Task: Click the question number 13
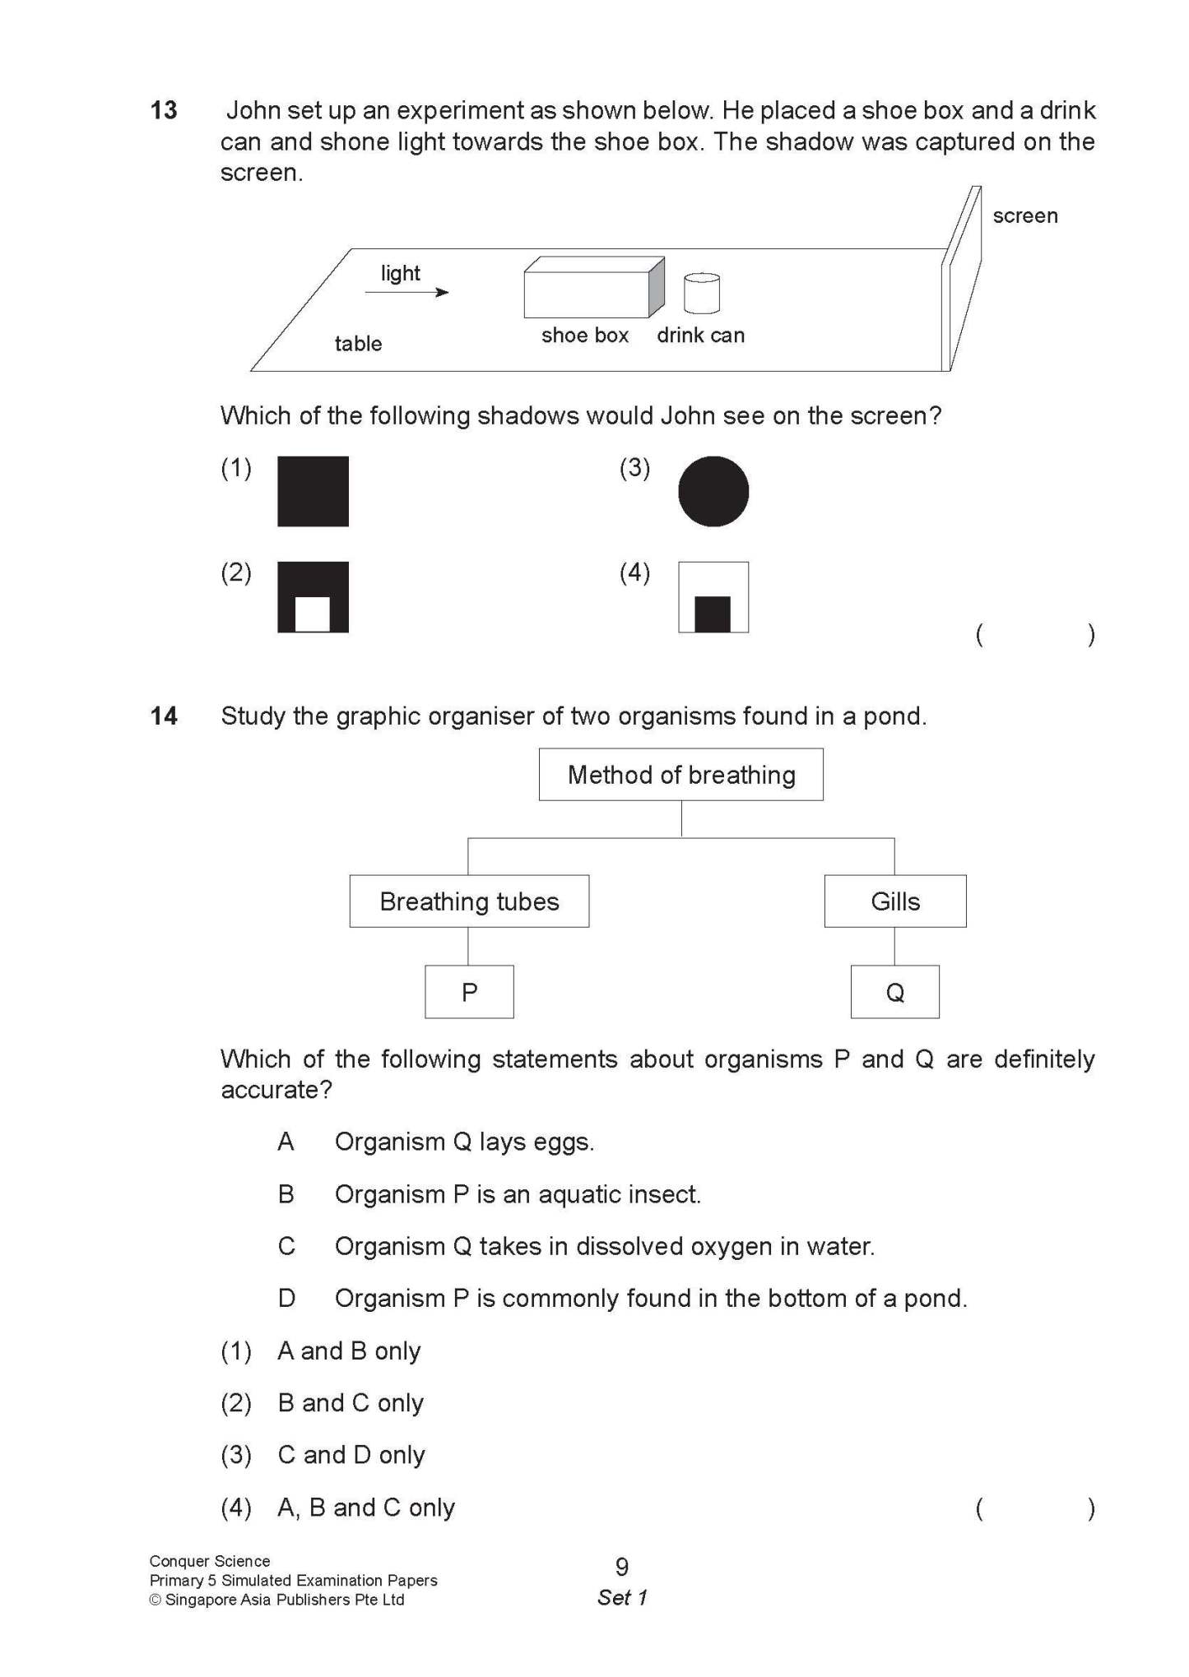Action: [x=164, y=110]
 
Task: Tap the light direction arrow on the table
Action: [x=406, y=292]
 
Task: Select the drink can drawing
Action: [x=702, y=294]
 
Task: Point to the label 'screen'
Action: [x=1024, y=216]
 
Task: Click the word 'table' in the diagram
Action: [x=358, y=344]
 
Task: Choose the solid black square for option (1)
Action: [x=313, y=491]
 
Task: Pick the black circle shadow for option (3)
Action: [x=713, y=491]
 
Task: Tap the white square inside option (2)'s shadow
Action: [x=313, y=614]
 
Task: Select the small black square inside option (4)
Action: [x=713, y=614]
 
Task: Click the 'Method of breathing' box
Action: [x=680, y=775]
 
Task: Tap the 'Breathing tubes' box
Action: [x=469, y=901]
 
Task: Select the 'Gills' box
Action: [x=895, y=901]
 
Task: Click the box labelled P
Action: [x=469, y=992]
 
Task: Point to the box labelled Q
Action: [x=894, y=992]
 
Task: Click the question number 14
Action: [x=164, y=716]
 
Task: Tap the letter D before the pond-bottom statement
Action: [x=286, y=1298]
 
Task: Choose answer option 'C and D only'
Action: [x=351, y=1455]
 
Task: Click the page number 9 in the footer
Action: [x=622, y=1567]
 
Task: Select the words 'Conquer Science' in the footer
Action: [x=210, y=1561]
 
